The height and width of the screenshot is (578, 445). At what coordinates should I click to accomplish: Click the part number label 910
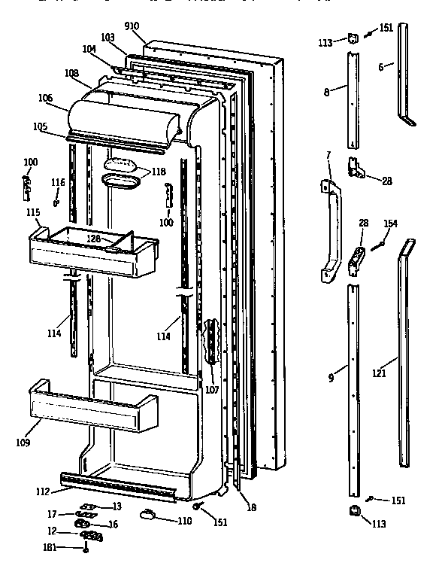(x=132, y=26)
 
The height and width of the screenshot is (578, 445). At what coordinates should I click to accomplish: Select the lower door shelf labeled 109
(x=90, y=410)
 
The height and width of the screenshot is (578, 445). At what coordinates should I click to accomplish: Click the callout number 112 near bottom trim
(x=43, y=491)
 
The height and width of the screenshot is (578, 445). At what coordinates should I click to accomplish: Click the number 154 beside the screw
(x=390, y=224)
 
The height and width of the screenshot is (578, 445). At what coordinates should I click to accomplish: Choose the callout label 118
(x=158, y=172)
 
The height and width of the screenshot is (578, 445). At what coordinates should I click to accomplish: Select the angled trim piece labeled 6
(x=406, y=75)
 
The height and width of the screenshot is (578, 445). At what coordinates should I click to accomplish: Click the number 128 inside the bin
(x=93, y=239)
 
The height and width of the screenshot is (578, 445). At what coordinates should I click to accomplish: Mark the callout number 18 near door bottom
(x=252, y=507)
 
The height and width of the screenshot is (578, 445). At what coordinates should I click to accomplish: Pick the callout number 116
(x=58, y=183)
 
